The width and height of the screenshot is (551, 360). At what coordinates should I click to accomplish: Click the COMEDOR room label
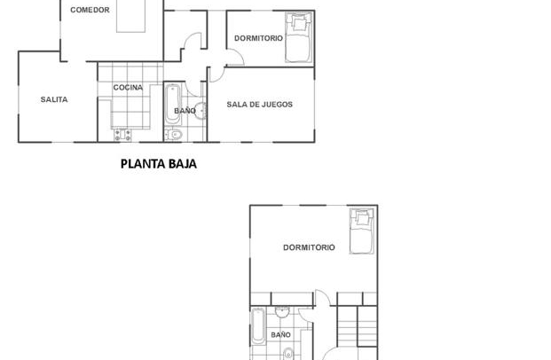click(x=90, y=10)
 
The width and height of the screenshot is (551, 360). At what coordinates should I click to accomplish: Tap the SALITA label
click(x=54, y=99)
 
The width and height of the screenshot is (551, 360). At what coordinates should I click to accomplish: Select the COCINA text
click(x=128, y=88)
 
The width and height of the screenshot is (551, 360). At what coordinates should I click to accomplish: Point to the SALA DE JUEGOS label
click(x=260, y=105)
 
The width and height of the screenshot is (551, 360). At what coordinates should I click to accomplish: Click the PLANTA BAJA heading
click(x=159, y=164)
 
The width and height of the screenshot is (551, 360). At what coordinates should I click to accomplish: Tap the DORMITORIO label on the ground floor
click(x=258, y=38)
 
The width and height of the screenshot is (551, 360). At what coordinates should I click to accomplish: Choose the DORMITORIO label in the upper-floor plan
click(x=309, y=247)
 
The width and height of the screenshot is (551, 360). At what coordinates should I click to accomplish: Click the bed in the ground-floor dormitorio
click(x=299, y=37)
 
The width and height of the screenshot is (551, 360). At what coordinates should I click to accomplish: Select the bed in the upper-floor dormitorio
click(x=362, y=231)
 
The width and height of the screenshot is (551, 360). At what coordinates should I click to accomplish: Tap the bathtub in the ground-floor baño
click(x=172, y=104)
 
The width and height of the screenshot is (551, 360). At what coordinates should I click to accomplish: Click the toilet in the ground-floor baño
click(x=173, y=135)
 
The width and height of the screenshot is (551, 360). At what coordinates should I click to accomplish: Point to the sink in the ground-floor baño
click(x=201, y=111)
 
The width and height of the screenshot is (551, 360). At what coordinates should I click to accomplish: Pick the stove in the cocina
click(x=122, y=135)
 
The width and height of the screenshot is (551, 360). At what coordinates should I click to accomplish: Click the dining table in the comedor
click(x=130, y=16)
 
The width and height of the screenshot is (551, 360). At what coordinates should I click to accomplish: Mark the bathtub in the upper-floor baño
click(x=258, y=326)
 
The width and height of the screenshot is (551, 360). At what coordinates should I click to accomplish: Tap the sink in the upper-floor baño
click(x=282, y=311)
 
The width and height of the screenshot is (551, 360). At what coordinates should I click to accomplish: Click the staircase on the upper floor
click(x=357, y=326)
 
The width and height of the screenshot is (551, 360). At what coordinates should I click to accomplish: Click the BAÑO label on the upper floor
click(x=280, y=334)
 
